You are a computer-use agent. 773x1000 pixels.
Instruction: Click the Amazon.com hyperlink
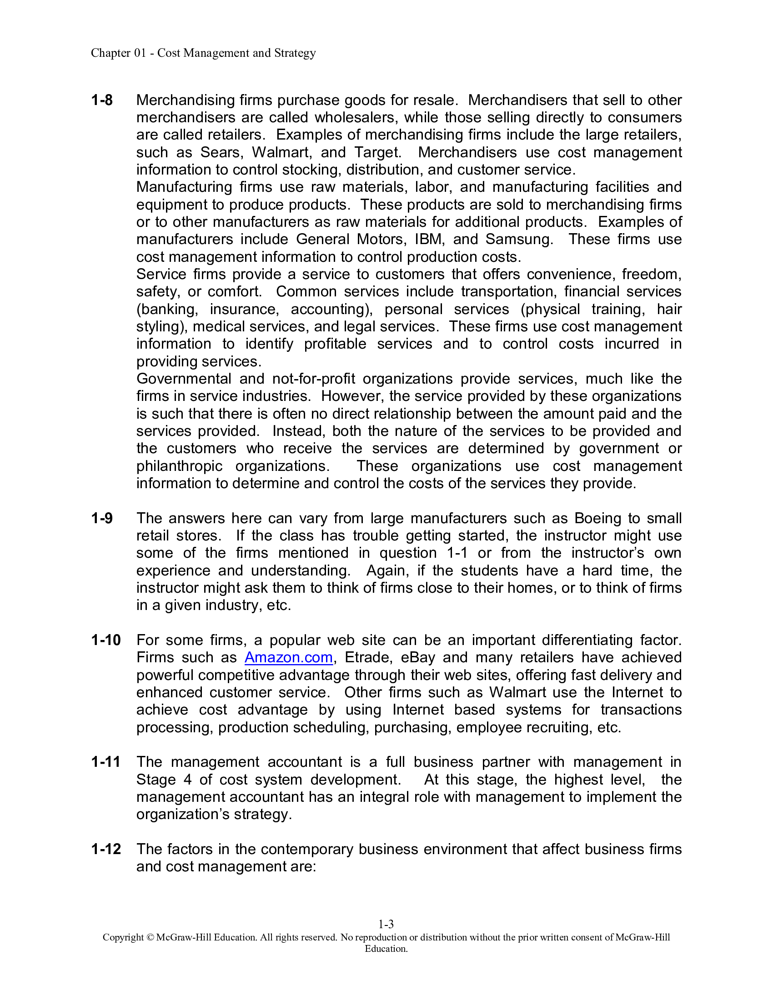pos(288,658)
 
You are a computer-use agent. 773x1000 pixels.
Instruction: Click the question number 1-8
pos(102,100)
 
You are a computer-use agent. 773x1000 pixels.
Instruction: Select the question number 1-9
pos(102,518)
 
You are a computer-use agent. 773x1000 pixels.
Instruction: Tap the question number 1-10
pos(105,640)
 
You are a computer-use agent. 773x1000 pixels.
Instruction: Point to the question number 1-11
pos(105,762)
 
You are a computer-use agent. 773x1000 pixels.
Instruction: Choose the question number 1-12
pos(106,849)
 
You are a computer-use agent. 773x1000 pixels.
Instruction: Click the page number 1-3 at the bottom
pos(386,924)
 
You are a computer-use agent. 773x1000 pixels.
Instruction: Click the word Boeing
pos(597,518)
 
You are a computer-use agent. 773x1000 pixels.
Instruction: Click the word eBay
pos(417,658)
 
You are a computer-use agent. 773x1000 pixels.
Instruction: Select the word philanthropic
pos(180,466)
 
